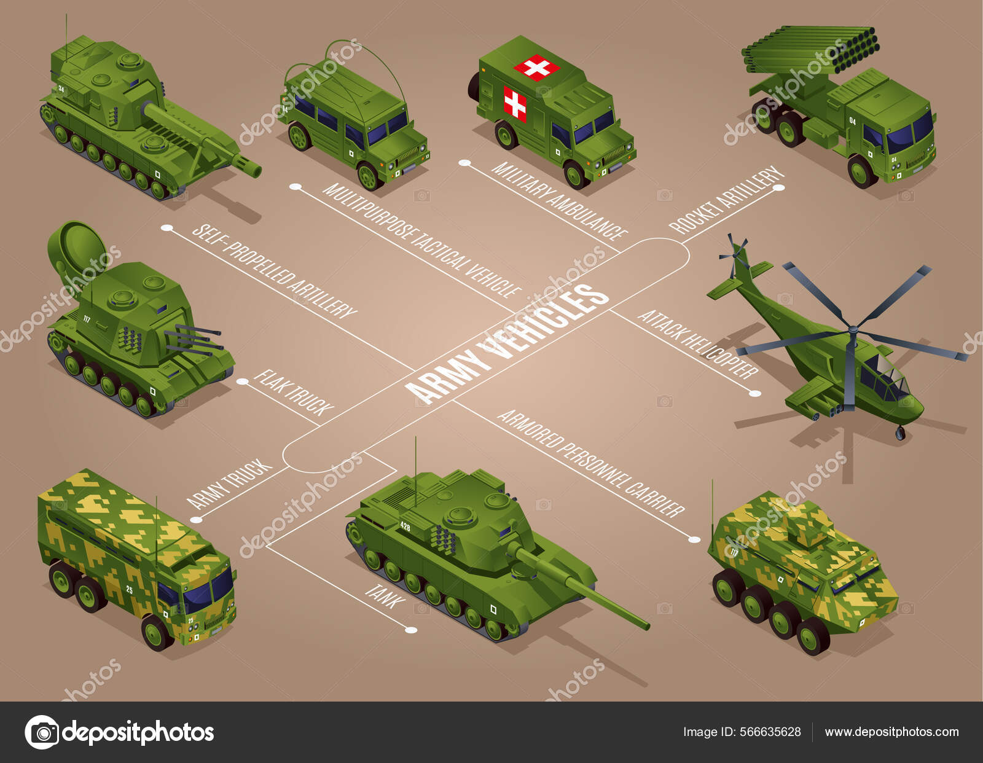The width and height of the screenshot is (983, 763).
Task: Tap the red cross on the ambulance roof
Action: (x=536, y=67)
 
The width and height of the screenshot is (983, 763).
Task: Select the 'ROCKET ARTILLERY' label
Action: (x=727, y=200)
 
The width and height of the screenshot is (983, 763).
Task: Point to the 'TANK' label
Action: (x=385, y=596)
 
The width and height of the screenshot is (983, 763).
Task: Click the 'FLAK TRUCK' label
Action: (x=294, y=393)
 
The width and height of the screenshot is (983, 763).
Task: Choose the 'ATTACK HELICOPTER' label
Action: (x=698, y=344)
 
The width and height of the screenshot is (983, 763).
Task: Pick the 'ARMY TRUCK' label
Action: (x=230, y=484)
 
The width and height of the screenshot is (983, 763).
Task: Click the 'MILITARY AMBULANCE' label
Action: (x=558, y=200)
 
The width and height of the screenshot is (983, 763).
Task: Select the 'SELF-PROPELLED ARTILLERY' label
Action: (x=274, y=271)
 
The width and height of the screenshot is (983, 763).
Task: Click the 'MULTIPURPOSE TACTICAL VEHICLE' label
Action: (x=421, y=240)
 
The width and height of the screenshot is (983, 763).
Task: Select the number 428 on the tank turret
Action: (x=405, y=526)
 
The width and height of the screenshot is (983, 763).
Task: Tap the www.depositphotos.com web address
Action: (x=891, y=732)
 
